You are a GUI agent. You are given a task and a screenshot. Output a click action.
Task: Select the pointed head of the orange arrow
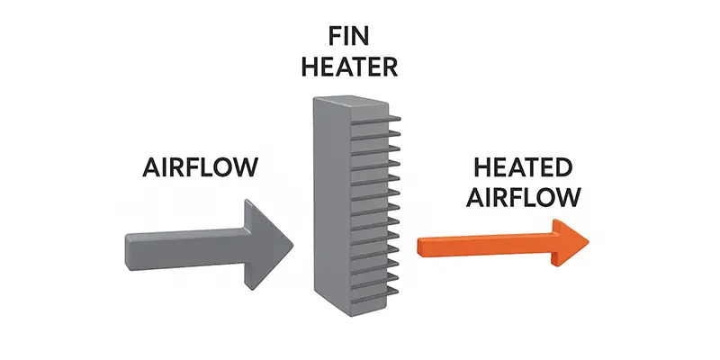pos(569,241)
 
